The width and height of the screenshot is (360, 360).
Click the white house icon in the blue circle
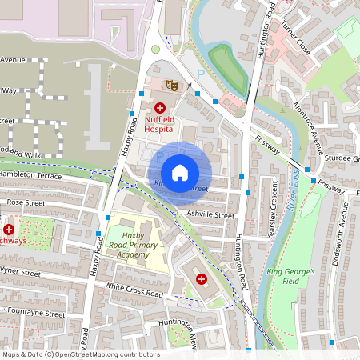coord(180,173)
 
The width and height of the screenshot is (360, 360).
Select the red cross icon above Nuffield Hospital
coord(159,107)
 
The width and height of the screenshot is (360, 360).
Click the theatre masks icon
coord(170,84)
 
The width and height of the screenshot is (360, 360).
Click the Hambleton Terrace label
coord(30,174)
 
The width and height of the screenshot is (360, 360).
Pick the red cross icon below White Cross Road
coord(200,278)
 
